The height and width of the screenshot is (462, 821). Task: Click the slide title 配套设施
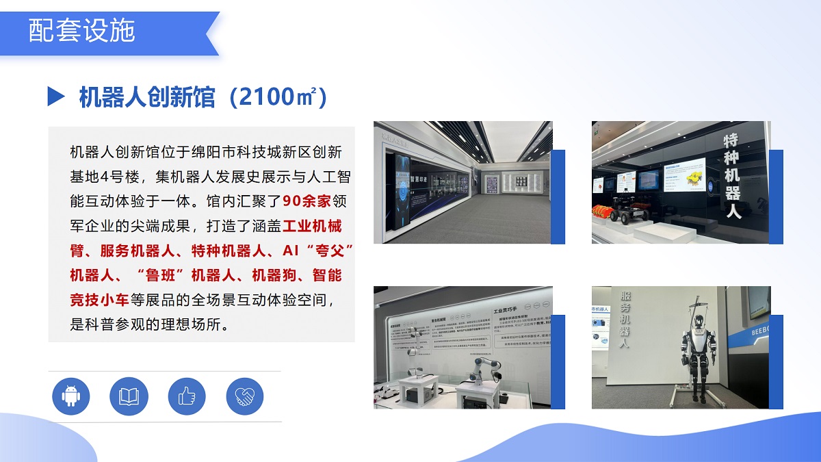point(82,31)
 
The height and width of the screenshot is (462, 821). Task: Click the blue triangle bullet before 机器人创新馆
point(56,97)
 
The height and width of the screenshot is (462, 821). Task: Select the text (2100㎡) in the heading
point(277,97)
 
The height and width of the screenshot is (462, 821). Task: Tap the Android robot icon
point(70,396)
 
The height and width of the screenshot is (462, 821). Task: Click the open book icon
point(129,396)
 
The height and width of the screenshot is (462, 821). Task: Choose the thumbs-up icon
point(187,396)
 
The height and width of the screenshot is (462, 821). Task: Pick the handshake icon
point(244,396)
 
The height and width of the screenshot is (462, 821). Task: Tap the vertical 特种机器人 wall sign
point(733,176)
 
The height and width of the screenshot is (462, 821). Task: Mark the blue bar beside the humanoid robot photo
point(777,361)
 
